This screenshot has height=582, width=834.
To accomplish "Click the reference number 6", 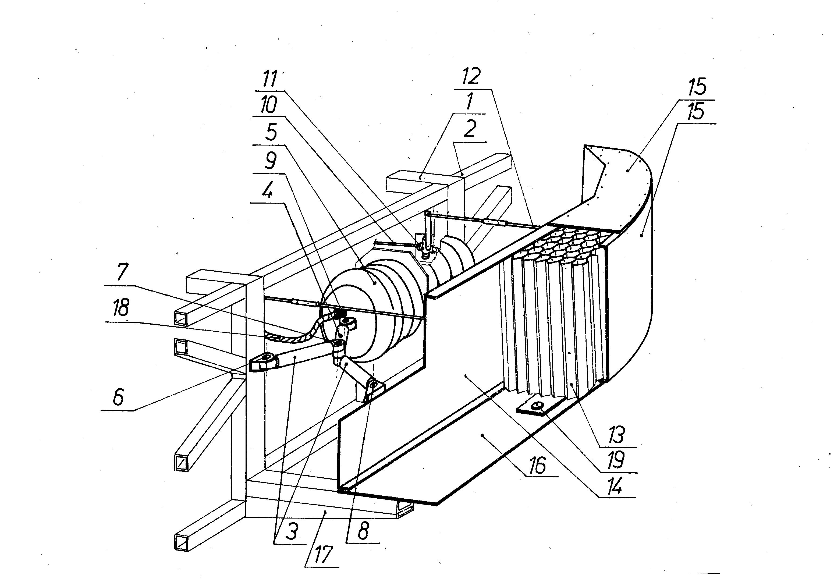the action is point(118,397).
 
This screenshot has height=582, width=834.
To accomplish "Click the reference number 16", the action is point(538,465).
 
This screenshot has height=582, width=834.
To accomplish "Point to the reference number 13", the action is point(616,435).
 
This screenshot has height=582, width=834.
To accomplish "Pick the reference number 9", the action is point(270,161).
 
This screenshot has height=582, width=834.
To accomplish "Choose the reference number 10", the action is point(269,105).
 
